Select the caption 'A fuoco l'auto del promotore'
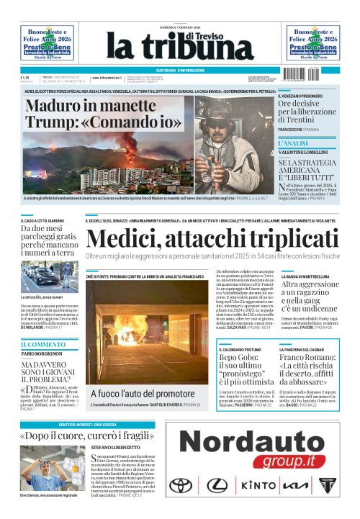(x=137, y=393)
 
